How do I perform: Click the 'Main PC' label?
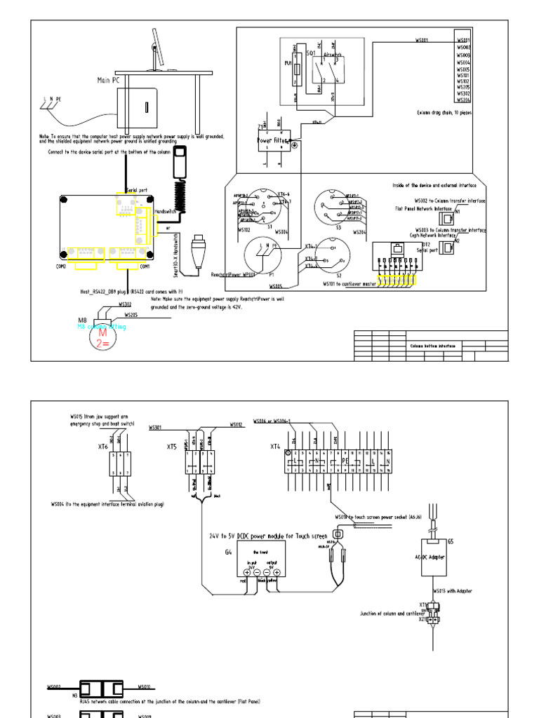pyautogui.click(x=108, y=81)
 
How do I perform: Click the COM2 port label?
pyautogui.click(x=61, y=266)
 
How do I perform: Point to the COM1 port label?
pyautogui.click(x=145, y=266)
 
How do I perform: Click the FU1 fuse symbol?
pyautogui.click(x=298, y=70)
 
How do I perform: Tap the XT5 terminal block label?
pyautogui.click(x=171, y=447)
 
